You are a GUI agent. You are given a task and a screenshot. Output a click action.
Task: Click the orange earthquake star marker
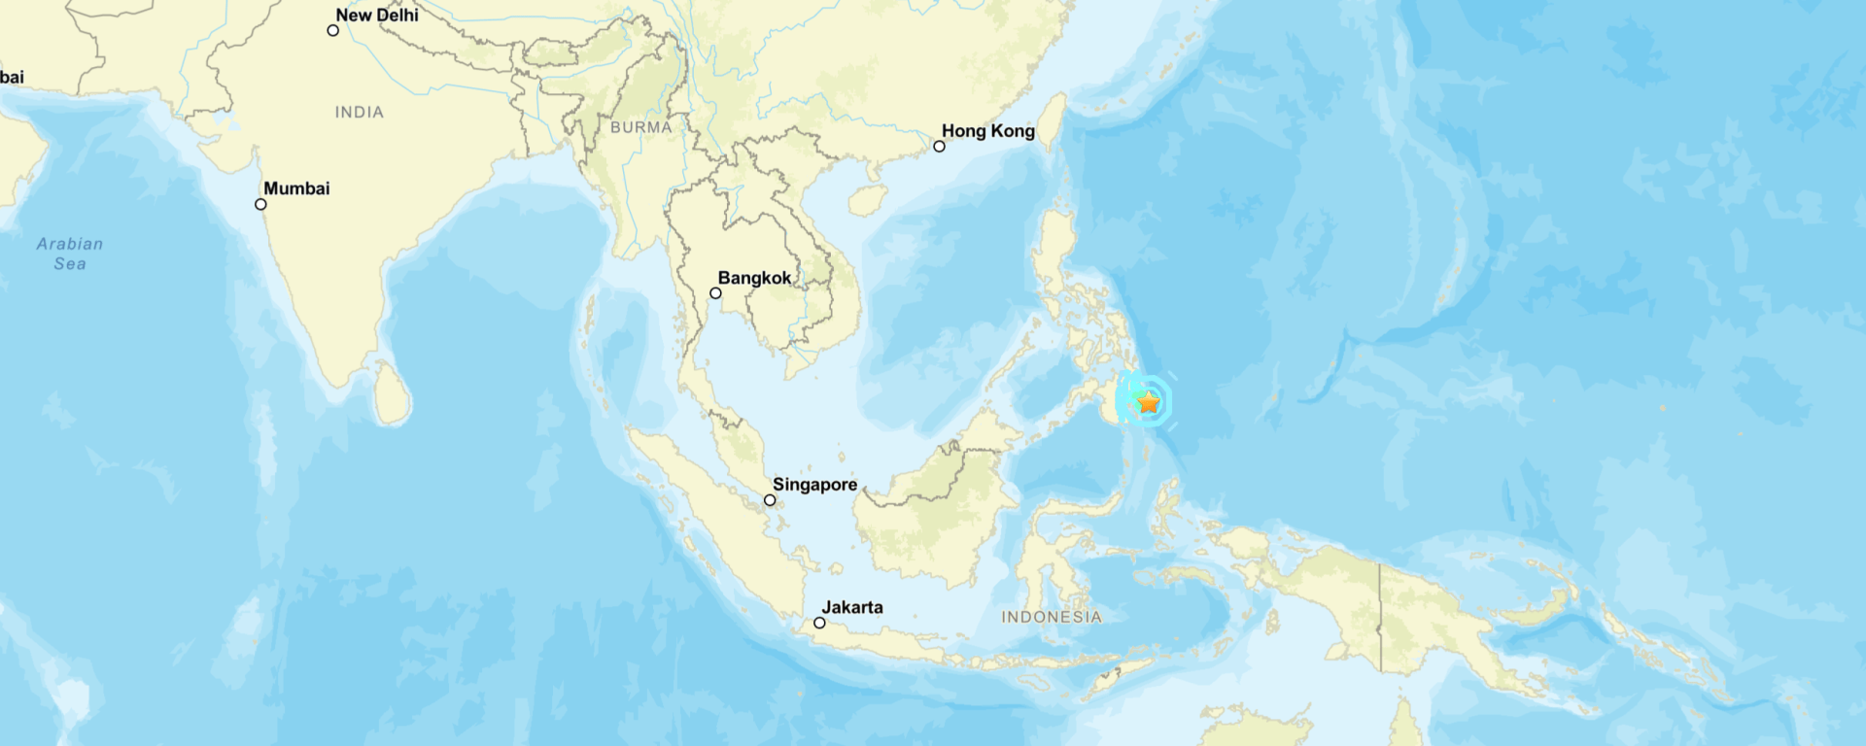point(1149,401)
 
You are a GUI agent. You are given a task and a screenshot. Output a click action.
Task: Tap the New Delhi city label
point(377,16)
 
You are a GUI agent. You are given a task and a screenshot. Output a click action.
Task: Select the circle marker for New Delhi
point(332,30)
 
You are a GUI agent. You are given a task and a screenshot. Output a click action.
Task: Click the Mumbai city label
point(296,188)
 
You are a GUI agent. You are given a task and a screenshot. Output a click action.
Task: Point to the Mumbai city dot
point(260,204)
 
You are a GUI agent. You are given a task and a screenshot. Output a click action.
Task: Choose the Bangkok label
point(754,278)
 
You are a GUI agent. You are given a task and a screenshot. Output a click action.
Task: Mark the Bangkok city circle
point(715,293)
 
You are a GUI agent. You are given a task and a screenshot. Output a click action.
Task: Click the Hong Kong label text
point(987,131)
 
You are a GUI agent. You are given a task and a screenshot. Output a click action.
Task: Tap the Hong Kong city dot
point(939,147)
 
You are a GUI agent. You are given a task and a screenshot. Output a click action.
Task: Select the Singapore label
point(814,485)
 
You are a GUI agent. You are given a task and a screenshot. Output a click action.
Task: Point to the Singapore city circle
point(770,500)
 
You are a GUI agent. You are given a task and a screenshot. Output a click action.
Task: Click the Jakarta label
point(852,607)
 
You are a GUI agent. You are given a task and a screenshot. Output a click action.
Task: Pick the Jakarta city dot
point(819,623)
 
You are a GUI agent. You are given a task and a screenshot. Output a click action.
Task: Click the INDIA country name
point(360,113)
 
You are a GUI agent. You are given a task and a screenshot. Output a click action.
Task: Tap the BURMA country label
point(641,127)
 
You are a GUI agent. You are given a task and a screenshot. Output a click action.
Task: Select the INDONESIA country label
point(1052,617)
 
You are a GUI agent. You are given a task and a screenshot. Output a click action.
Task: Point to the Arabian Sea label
point(70,254)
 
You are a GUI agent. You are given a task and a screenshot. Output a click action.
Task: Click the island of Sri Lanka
point(393,393)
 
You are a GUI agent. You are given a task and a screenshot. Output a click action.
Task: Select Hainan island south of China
point(867,200)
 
